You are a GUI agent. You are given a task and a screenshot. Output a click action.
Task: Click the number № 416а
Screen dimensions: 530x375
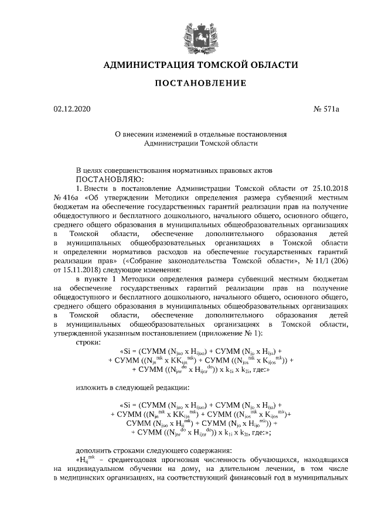[x=66, y=197]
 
